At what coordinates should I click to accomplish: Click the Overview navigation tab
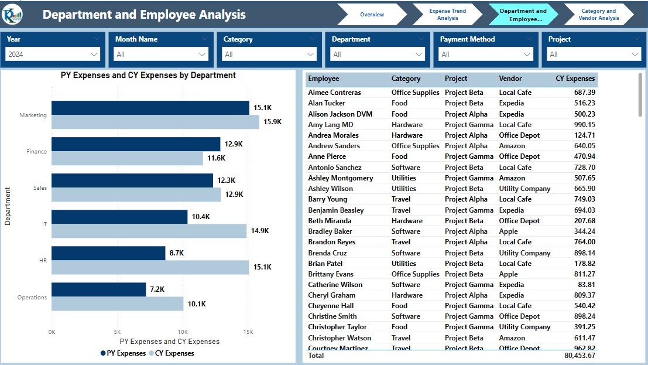(x=372, y=15)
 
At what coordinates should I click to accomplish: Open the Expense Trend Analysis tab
(x=448, y=15)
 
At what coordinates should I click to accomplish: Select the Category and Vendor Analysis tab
(x=598, y=15)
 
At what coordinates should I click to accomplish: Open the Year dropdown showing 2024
(x=53, y=54)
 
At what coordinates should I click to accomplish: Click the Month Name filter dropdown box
(x=162, y=54)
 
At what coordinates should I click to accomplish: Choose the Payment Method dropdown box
(x=486, y=54)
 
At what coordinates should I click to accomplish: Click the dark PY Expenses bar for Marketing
(x=150, y=108)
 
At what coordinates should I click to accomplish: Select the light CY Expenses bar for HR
(x=150, y=267)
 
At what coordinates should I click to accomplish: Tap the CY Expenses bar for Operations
(x=117, y=303)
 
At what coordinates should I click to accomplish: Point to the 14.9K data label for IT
(x=260, y=231)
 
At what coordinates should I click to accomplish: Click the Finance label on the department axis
(x=36, y=152)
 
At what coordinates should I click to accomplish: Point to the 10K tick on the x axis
(x=182, y=332)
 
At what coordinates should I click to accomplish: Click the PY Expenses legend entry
(x=123, y=353)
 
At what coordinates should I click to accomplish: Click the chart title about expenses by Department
(x=148, y=76)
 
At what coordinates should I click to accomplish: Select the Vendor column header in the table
(x=510, y=79)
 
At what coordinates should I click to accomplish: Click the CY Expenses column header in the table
(x=575, y=79)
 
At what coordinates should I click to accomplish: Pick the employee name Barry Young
(x=328, y=199)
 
